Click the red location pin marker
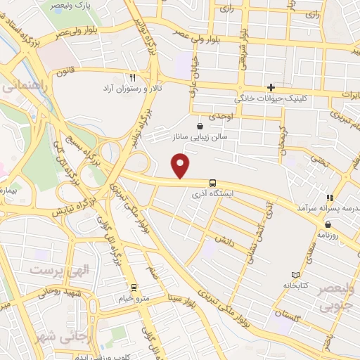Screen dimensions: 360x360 coord(181,165)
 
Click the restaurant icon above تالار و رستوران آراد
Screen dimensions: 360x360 coord(131,77)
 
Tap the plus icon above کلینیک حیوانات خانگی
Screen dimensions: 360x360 coord(271,86)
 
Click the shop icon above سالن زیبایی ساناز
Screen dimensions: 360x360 coord(202,126)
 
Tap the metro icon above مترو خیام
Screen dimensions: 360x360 coord(133,287)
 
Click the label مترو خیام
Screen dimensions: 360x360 coord(133,297)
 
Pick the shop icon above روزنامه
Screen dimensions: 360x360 coord(328,225)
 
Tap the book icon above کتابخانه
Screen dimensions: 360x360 coord(295,274)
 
